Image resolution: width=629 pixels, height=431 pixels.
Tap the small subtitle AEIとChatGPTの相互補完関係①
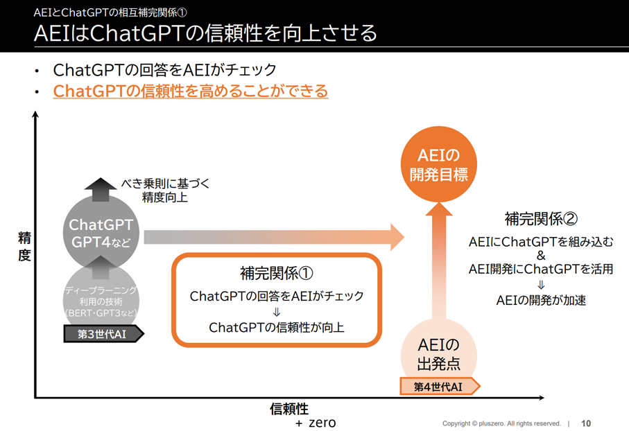point(111,12)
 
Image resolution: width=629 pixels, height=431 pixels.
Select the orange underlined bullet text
point(191,91)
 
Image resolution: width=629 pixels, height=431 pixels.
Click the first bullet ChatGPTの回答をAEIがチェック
point(165,70)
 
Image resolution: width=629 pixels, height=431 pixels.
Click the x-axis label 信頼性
point(289,409)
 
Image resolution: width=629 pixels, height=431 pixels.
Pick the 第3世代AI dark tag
point(102,334)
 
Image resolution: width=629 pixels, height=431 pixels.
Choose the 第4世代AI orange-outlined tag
point(439,387)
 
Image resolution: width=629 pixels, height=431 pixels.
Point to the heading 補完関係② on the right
point(540,219)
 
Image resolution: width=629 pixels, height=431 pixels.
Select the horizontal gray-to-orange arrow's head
point(397,236)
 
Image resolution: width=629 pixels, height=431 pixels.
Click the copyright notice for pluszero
point(501,423)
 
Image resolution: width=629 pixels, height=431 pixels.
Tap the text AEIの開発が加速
point(541,300)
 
